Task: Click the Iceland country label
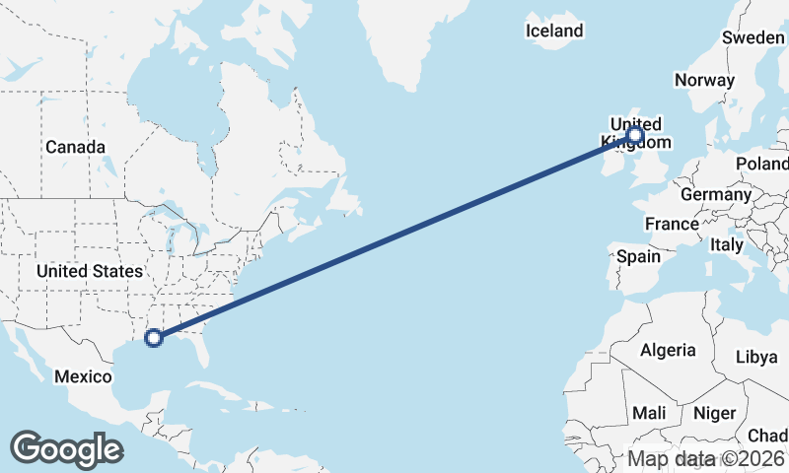(x=554, y=32)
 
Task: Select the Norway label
(x=704, y=81)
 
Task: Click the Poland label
(x=762, y=164)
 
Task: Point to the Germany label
(x=716, y=195)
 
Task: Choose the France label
(x=672, y=225)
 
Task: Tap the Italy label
(x=727, y=244)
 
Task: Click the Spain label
(x=638, y=256)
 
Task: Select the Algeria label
(x=668, y=350)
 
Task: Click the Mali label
(x=650, y=413)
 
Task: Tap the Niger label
(x=715, y=413)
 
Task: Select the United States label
(x=89, y=271)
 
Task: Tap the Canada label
(x=75, y=148)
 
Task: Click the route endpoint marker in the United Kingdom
(x=635, y=135)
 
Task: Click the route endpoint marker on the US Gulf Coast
(x=153, y=338)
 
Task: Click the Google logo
(x=66, y=449)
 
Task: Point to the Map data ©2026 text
(x=706, y=458)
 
